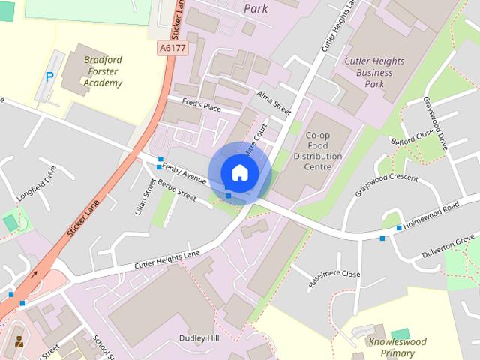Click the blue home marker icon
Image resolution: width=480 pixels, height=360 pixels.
click(239, 172)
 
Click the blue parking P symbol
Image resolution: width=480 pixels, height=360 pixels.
click(50, 76)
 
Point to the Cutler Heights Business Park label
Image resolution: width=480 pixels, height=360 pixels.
click(373, 72)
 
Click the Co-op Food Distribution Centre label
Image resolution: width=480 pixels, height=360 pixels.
click(323, 151)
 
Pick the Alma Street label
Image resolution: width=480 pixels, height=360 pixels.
click(273, 103)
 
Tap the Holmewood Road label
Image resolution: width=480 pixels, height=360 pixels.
click(430, 216)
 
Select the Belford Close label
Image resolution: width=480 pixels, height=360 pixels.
click(412, 138)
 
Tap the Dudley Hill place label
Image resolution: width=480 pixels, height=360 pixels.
click(199, 339)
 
